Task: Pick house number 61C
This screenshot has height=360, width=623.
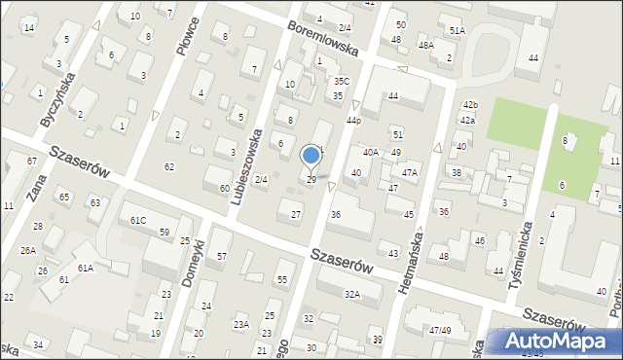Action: click(138, 221)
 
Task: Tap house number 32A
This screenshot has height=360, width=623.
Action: click(351, 293)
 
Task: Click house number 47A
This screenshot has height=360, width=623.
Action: click(410, 172)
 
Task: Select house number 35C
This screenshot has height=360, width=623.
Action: click(341, 82)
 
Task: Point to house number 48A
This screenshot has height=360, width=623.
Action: click(425, 46)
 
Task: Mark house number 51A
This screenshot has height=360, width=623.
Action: click(457, 31)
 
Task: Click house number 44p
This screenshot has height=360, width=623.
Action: click(353, 121)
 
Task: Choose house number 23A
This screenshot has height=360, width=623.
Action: click(240, 324)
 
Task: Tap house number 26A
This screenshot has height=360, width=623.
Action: click(28, 249)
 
